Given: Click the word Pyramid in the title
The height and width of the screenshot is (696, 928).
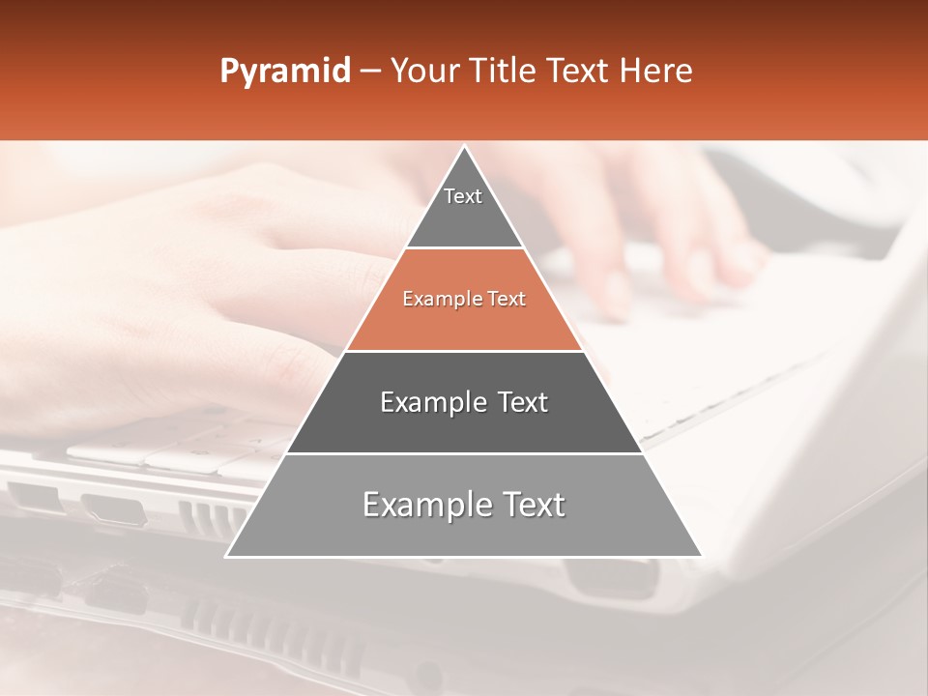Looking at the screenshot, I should tap(284, 72).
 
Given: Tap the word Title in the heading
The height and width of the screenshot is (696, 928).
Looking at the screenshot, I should tap(505, 71).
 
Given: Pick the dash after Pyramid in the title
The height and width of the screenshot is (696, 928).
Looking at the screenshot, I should tap(369, 72).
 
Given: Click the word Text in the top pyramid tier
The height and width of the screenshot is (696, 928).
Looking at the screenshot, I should tap(463, 196).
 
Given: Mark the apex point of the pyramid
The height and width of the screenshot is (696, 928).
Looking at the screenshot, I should tap(464, 147).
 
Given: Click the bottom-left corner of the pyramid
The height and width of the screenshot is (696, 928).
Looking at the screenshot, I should tap(227, 556).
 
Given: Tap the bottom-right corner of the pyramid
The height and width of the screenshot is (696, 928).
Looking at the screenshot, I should tap(701, 556).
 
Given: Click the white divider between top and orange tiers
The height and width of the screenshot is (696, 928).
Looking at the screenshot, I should tap(464, 248).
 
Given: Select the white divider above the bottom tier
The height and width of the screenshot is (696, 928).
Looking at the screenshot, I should tap(464, 453).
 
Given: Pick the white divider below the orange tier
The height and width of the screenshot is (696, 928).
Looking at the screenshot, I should tap(464, 351).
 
